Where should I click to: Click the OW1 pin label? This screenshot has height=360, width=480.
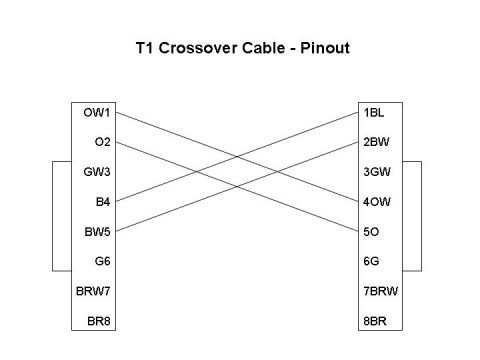(x=97, y=112)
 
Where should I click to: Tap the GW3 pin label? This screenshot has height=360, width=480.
(x=97, y=172)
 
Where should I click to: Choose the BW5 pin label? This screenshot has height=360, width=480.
(x=97, y=233)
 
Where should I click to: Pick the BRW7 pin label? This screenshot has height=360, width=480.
(x=93, y=293)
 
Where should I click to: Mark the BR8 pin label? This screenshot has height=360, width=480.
(x=97, y=323)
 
